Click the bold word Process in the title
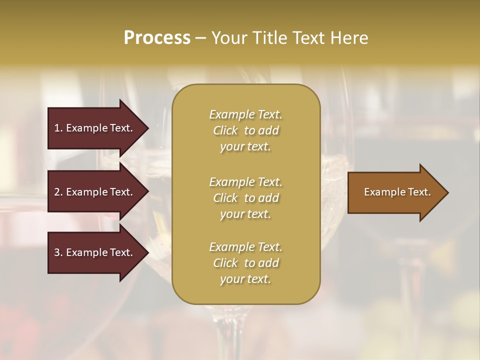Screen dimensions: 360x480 point(157,38)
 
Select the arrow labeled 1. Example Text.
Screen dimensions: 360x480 point(93,128)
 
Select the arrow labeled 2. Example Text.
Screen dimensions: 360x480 point(93,192)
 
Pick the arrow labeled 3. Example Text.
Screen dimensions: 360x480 point(93,252)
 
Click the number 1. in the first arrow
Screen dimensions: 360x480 point(58,128)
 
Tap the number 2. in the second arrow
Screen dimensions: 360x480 point(58,192)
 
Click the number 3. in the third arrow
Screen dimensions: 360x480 point(58,252)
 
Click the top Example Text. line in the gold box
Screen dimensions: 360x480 point(245,114)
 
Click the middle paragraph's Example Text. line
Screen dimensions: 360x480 point(245,181)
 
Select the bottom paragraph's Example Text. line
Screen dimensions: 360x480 point(245,247)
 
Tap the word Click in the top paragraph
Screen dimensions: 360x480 point(225,130)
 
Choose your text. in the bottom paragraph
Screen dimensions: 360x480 point(245,279)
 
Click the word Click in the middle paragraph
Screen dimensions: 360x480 point(225,198)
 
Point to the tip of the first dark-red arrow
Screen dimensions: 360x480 point(147,128)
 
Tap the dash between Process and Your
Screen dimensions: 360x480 point(200,38)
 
